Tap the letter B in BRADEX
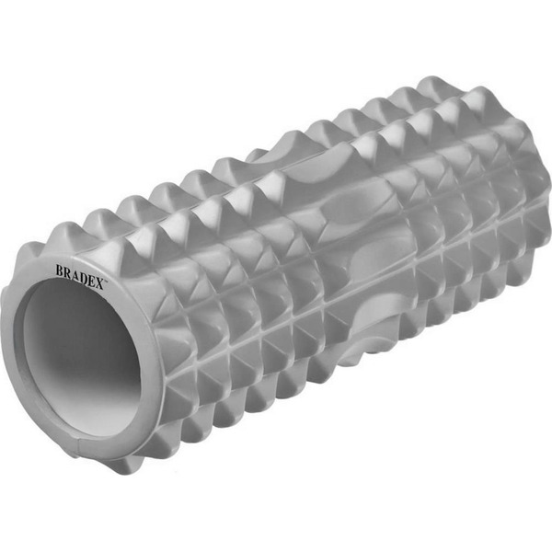point(60,270)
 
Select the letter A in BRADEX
point(75,274)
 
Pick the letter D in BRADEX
point(84,277)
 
